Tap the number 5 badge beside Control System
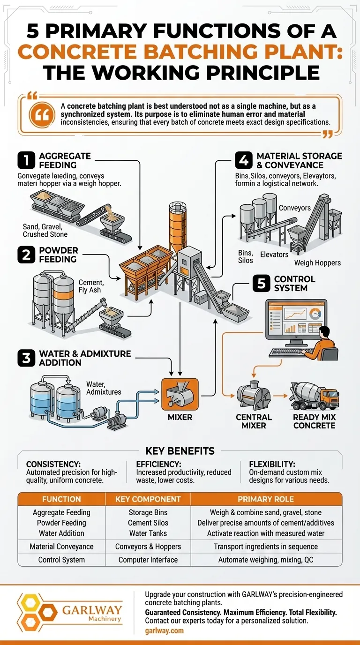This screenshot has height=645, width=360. tap(261, 283)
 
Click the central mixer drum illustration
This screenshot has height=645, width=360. tap(254, 397)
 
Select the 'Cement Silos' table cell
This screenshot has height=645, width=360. tap(148, 523)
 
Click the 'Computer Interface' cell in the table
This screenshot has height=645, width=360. tap(148, 560)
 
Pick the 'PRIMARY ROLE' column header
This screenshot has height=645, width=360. tap(266, 499)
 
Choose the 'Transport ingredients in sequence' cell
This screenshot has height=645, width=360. tap(266, 547)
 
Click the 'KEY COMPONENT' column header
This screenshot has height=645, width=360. tap(148, 499)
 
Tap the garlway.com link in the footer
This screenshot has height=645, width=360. tap(164, 630)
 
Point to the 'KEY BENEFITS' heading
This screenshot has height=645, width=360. tap(180, 451)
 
